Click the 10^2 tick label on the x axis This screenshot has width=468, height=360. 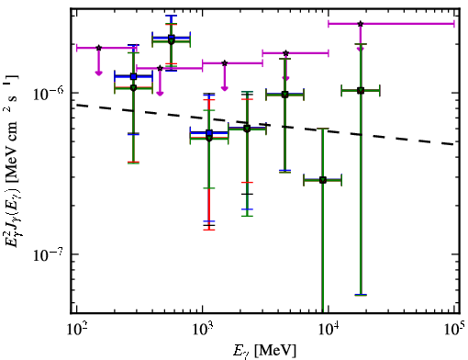point(76,329)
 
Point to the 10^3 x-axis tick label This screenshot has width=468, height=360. point(202,329)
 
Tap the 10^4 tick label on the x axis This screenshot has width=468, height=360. point(329,329)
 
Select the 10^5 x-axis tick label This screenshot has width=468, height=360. point(453,329)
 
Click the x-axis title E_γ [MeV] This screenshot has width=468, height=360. point(264,351)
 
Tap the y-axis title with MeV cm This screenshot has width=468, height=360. point(12,161)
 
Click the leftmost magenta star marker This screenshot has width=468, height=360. point(98,48)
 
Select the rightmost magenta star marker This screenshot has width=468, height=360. point(361,24)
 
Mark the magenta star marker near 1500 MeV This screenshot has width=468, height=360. point(225,63)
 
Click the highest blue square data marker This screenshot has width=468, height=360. point(172,38)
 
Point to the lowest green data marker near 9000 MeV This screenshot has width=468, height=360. point(323,180)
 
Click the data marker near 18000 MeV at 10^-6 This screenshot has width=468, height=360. point(361,91)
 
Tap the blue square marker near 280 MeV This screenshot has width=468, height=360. point(133,76)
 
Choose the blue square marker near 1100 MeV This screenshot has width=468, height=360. point(209,133)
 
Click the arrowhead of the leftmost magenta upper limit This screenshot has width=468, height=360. point(98,73)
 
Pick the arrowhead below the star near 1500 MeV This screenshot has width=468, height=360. point(225,88)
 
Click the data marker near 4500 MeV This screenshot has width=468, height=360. point(285,95)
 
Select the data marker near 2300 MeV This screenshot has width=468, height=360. point(247,129)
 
